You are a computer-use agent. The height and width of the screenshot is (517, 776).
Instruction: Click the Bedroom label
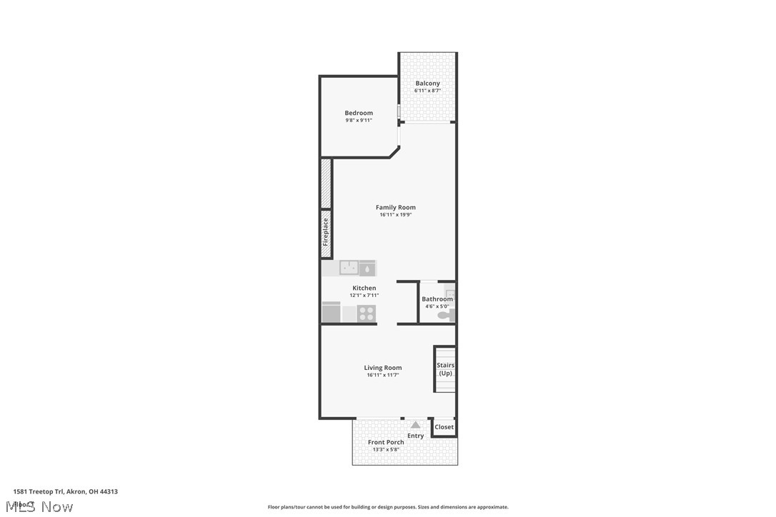click(x=359, y=113)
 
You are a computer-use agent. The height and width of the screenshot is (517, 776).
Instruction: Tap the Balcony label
click(x=427, y=84)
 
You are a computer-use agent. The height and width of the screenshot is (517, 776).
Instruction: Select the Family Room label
click(x=396, y=207)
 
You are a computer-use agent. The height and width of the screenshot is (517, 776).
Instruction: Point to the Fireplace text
click(x=326, y=232)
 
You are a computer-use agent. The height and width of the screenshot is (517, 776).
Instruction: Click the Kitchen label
click(x=364, y=288)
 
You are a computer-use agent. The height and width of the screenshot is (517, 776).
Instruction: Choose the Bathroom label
click(x=437, y=299)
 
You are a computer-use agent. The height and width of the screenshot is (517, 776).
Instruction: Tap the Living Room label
click(x=383, y=368)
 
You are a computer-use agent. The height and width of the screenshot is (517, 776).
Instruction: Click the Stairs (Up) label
click(x=446, y=369)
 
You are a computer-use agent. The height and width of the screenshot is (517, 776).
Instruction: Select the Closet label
click(x=444, y=427)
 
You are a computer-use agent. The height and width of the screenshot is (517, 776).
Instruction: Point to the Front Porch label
click(x=386, y=442)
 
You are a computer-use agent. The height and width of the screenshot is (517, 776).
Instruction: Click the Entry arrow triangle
click(x=415, y=425)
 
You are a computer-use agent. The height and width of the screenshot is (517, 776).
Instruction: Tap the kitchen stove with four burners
click(x=367, y=313)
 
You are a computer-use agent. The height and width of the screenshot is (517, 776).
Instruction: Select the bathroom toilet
click(x=444, y=314)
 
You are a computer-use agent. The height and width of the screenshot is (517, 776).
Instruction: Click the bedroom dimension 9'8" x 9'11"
click(x=359, y=121)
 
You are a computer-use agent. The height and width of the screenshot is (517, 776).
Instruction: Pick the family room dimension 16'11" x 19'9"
click(x=396, y=215)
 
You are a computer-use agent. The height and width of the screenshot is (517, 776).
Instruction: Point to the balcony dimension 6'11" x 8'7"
click(x=427, y=91)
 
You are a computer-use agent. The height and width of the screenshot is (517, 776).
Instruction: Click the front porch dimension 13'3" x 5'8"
click(x=386, y=450)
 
